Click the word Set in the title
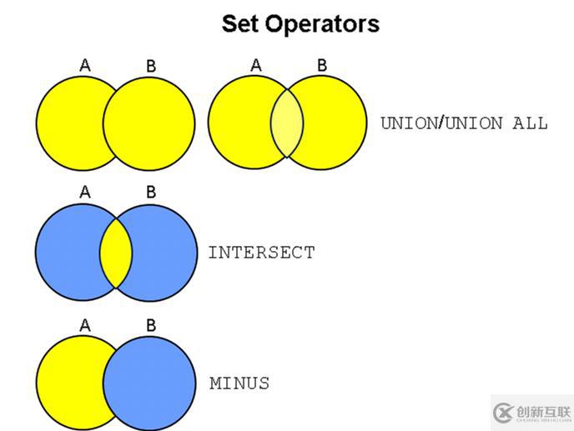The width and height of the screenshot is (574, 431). [x=240, y=23]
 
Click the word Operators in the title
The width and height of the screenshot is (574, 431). [x=322, y=24]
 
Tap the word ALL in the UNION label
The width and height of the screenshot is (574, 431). [x=530, y=123]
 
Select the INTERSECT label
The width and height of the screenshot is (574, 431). [x=261, y=252]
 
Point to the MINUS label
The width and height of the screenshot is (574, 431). [x=239, y=383]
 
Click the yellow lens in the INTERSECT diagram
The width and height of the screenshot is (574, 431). [x=116, y=251]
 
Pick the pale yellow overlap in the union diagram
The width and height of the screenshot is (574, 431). [x=287, y=124]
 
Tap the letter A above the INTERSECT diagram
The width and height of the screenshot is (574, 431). [x=85, y=193]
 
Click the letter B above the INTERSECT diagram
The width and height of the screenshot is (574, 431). [x=151, y=193]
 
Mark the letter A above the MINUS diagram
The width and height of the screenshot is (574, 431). [x=85, y=324]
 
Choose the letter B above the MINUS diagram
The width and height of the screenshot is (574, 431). [x=151, y=324]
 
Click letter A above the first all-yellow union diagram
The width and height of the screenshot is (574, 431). [x=85, y=64]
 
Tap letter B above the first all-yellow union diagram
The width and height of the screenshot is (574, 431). [x=151, y=65]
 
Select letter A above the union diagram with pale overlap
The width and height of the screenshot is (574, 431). [x=256, y=64]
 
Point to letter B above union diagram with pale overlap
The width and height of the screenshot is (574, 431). [x=322, y=64]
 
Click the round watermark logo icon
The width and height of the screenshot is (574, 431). [x=504, y=412]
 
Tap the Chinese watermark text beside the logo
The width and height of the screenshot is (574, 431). [x=542, y=412]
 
